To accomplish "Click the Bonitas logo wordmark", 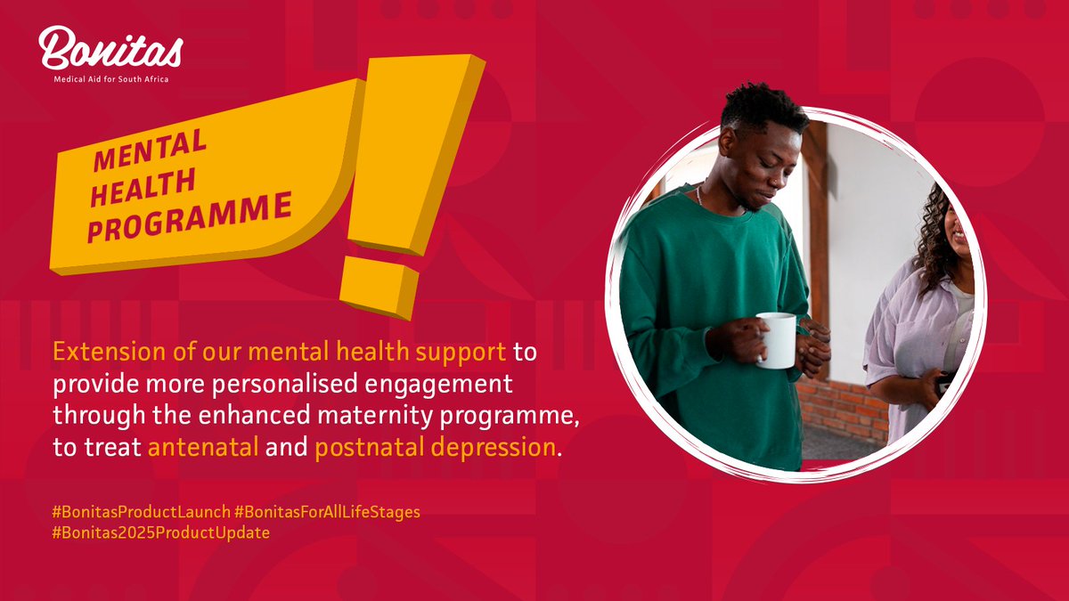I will (x=110, y=49).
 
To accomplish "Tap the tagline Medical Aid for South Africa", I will (x=110, y=79).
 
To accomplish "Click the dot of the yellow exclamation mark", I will (x=379, y=286).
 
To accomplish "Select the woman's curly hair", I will (x=930, y=240).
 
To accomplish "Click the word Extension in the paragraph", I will (x=99, y=352).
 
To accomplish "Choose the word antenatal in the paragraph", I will (x=203, y=447).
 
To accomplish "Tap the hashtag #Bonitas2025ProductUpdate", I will (x=160, y=532).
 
